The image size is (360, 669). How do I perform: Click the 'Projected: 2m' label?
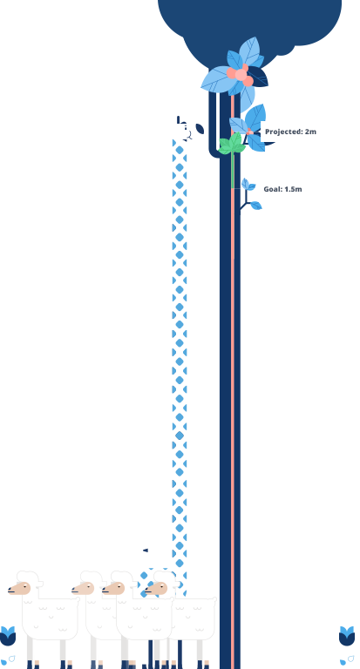[290, 132]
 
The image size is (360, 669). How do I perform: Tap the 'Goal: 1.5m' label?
[282, 189]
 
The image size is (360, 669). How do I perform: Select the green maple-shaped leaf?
[232, 144]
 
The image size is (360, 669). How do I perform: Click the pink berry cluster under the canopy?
[240, 75]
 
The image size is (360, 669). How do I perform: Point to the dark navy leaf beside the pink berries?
[257, 77]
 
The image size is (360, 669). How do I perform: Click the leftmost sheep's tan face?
[19, 588]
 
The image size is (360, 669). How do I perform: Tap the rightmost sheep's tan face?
[156, 588]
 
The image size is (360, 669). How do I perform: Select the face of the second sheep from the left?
[83, 588]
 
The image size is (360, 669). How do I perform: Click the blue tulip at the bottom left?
[8, 636]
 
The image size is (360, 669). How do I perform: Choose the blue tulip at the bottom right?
[347, 636]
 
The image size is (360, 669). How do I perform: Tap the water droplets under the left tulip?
[8, 660]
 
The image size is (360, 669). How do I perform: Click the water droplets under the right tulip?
[347, 660]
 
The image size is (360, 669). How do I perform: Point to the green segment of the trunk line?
[233, 170]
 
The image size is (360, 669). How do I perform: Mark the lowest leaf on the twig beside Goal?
[255, 206]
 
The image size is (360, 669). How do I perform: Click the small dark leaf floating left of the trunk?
[200, 129]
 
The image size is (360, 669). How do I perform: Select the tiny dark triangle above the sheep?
[146, 551]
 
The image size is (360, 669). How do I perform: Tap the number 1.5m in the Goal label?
[293, 189]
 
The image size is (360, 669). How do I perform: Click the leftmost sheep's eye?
[24, 585]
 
